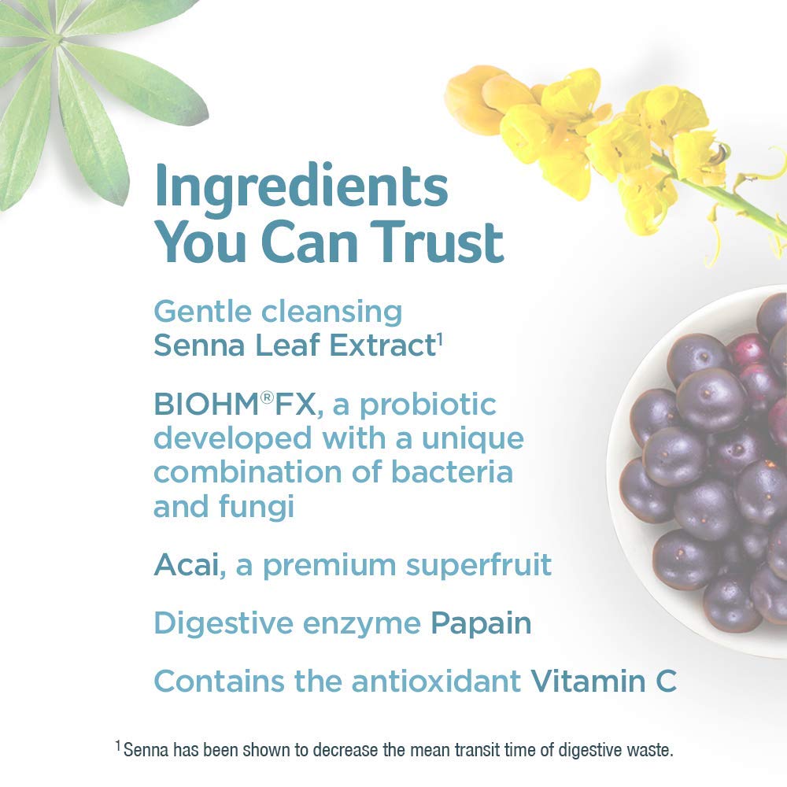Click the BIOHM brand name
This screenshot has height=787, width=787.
coord(206,405)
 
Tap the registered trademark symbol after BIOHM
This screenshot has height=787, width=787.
coord(267,398)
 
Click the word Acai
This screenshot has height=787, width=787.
coord(187,564)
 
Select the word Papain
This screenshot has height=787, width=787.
coord(480,623)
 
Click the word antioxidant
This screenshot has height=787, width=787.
coord(437,681)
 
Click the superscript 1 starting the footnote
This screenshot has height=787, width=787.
coord(118,745)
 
